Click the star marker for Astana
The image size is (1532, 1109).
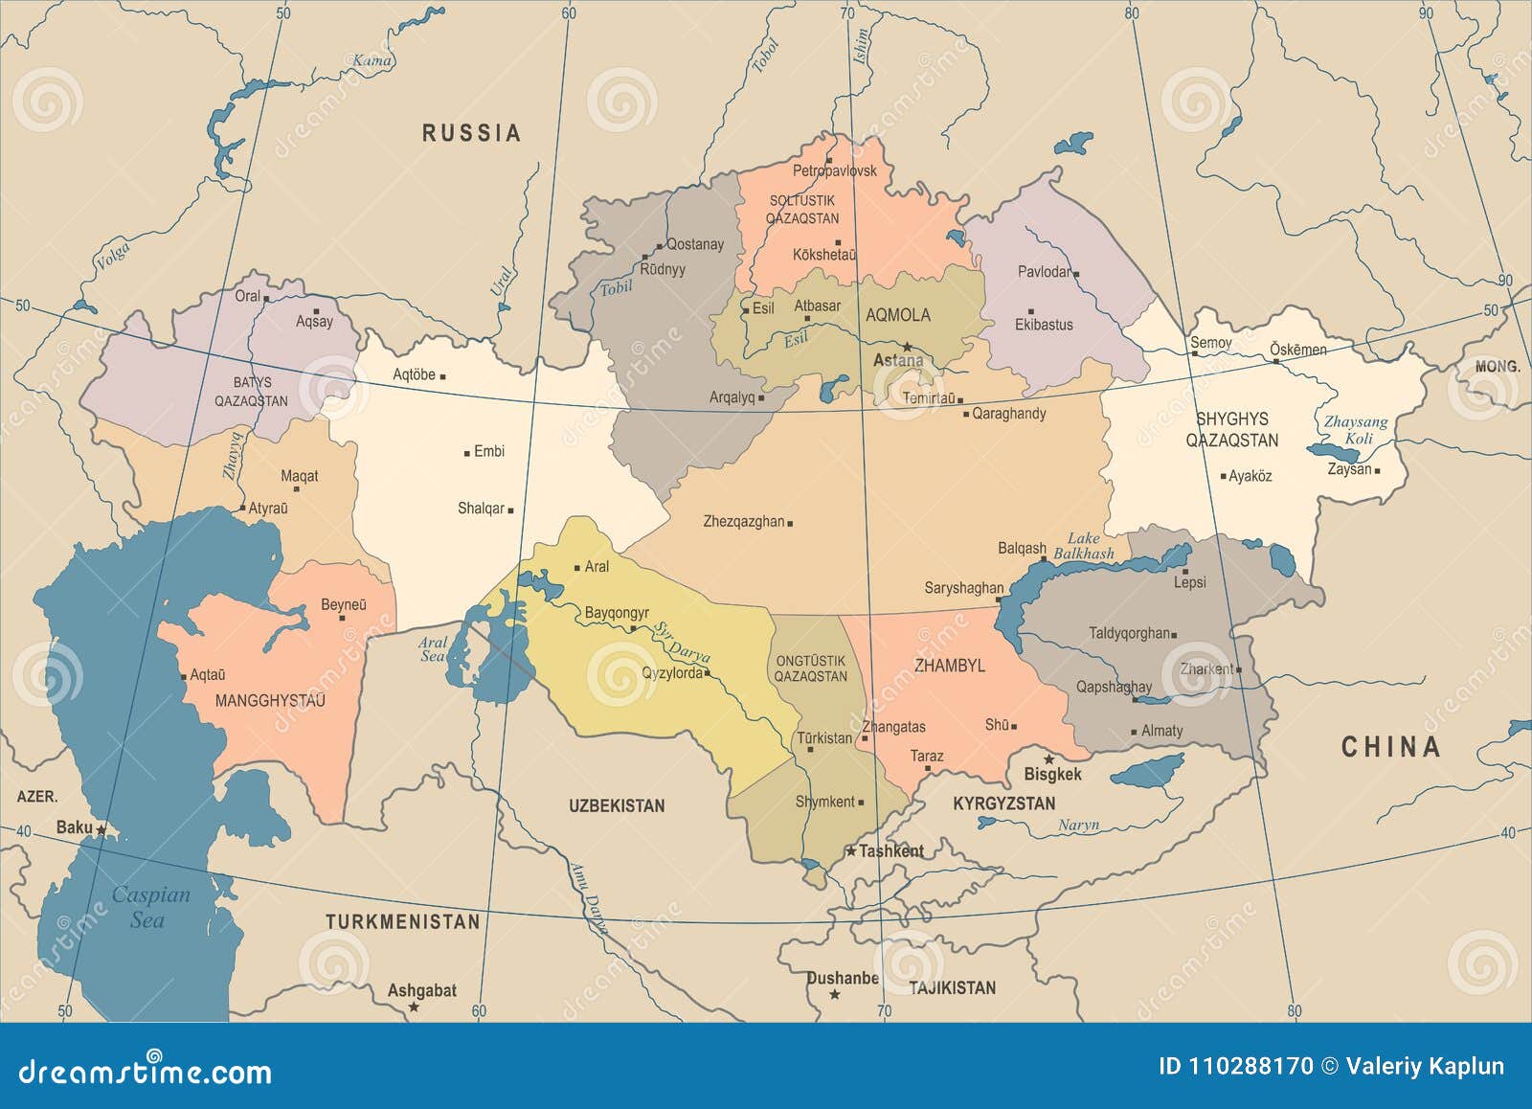pyautogui.click(x=907, y=347)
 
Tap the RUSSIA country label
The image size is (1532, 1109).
pyautogui.click(x=472, y=133)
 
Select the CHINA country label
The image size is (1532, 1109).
pyautogui.click(x=1390, y=747)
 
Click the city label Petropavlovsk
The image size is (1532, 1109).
pyautogui.click(x=834, y=171)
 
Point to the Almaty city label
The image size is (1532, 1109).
pyautogui.click(x=1161, y=731)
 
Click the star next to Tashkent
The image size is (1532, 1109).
pyautogui.click(x=849, y=850)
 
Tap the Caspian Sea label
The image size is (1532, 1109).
pyautogui.click(x=150, y=907)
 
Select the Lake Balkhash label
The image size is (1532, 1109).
pyautogui.click(x=1084, y=546)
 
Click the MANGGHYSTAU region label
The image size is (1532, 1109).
pyautogui.click(x=270, y=701)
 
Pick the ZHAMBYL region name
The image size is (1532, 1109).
pyautogui.click(x=949, y=666)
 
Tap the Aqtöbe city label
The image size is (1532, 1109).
pyautogui.click(x=414, y=375)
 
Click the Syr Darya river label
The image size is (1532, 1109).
pyautogui.click(x=682, y=643)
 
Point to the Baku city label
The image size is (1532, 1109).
pyautogui.click(x=75, y=827)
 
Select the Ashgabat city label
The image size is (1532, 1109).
pyautogui.click(x=421, y=990)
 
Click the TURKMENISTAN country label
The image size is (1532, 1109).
pyautogui.click(x=402, y=922)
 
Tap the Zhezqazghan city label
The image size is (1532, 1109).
pyautogui.click(x=744, y=522)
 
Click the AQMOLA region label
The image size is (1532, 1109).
pyautogui.click(x=897, y=315)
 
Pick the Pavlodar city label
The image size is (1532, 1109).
pyautogui.click(x=1044, y=272)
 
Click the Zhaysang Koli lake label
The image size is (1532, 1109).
pyautogui.click(x=1357, y=430)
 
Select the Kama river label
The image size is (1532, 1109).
pyautogui.click(x=372, y=61)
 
